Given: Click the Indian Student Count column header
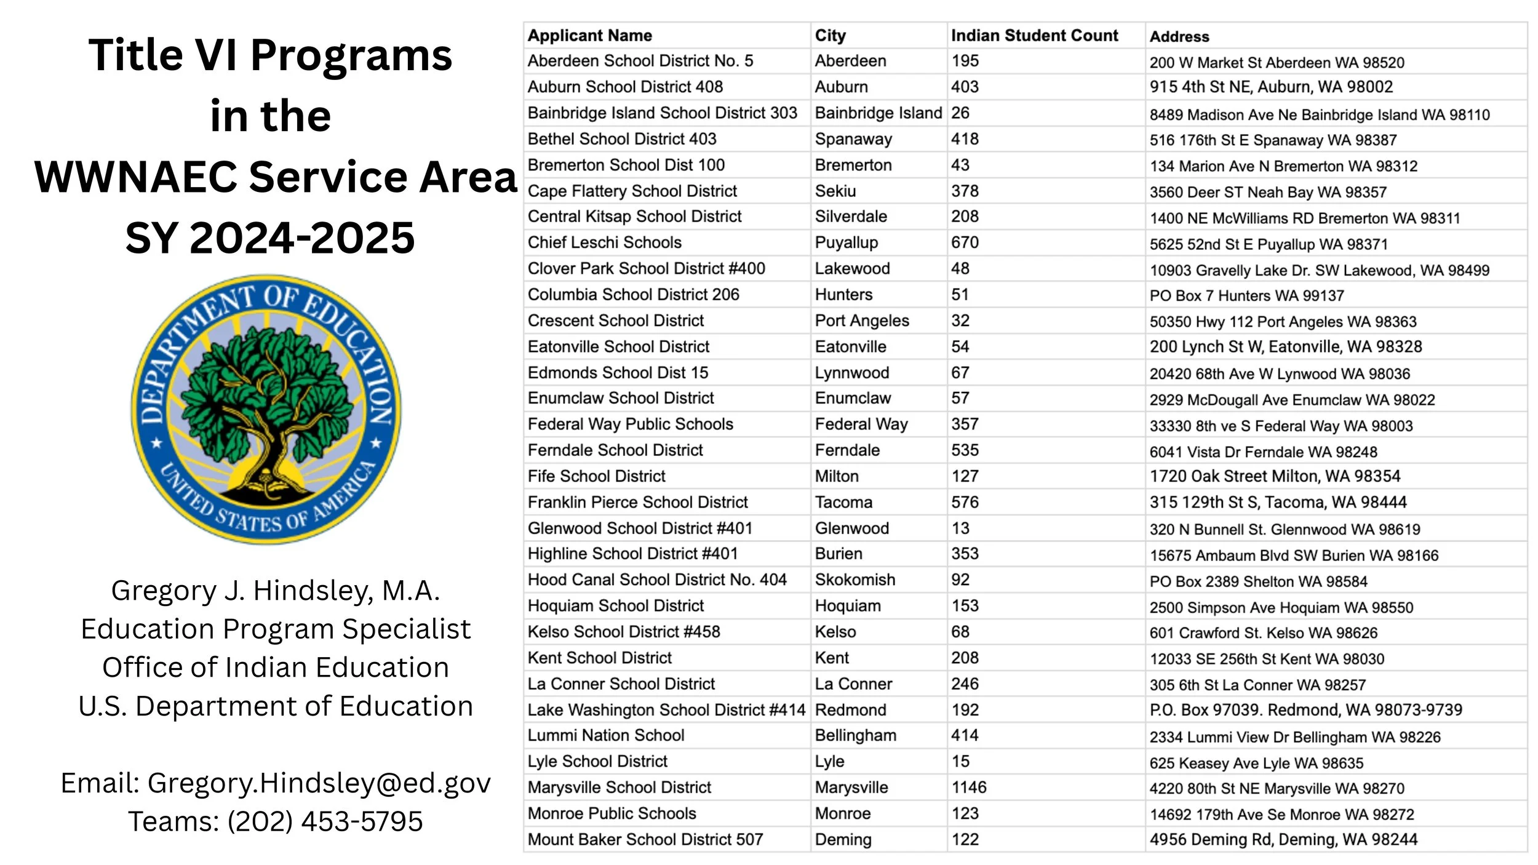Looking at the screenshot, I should (x=1034, y=36).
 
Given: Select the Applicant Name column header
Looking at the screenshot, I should (x=589, y=36).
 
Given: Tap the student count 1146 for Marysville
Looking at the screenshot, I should (x=969, y=787).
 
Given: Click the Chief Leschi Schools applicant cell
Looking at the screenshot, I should (x=604, y=242).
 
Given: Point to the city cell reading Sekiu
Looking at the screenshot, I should (x=835, y=191).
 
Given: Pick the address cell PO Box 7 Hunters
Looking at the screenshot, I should (x=1246, y=296).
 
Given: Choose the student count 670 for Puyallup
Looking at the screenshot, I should (x=965, y=242).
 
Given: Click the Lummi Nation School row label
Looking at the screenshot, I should (x=605, y=735).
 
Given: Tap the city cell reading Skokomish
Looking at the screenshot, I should (x=855, y=580).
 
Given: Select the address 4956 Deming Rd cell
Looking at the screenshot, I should (x=1283, y=840).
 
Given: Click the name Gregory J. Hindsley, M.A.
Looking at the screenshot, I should (x=276, y=591).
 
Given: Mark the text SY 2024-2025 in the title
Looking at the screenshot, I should (x=270, y=238).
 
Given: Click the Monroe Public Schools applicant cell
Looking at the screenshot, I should (x=612, y=813).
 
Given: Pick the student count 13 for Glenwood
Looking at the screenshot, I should (x=960, y=528).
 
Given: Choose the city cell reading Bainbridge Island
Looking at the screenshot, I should (x=878, y=113).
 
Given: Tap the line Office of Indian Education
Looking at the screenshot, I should (x=276, y=668).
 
